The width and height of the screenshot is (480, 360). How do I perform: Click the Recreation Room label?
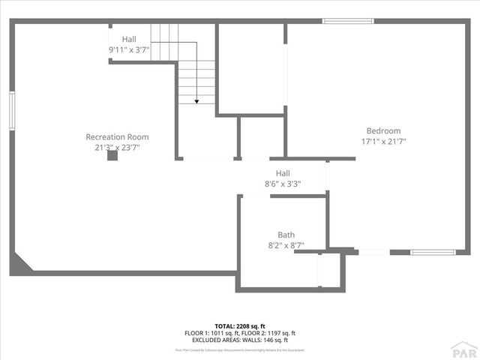117,137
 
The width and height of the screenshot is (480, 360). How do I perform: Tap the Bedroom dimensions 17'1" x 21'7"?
383,141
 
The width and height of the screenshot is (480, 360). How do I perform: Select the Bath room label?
286,234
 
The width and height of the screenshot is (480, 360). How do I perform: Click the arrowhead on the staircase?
196,100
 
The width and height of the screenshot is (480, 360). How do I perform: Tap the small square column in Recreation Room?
112,156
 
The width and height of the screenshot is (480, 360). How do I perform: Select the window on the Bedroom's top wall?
348,21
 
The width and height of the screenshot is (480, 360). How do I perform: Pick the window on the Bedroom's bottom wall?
433,252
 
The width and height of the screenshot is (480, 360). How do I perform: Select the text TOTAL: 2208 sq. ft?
239,325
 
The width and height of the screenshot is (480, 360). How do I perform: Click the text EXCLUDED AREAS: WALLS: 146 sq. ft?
239,339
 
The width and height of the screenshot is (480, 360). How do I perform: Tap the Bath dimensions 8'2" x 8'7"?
286,244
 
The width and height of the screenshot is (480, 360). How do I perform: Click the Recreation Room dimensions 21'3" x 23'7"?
117,148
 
